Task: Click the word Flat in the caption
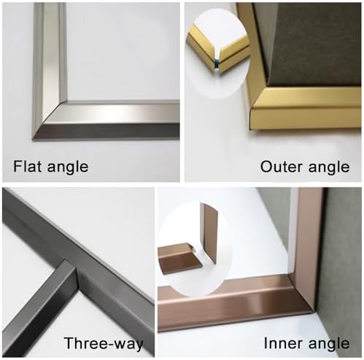(28, 166)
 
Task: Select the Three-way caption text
(103, 343)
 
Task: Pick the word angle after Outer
(326, 166)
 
